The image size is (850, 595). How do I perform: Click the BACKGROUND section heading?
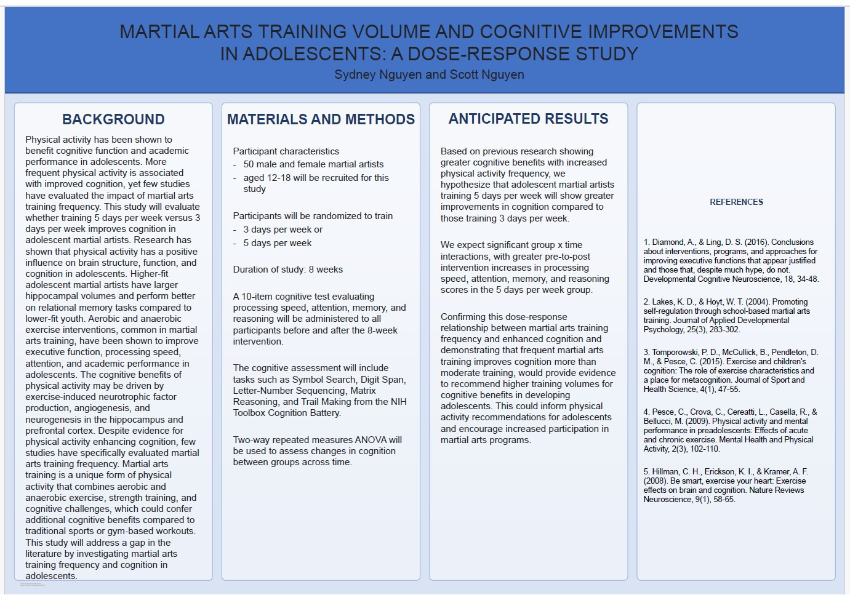113,119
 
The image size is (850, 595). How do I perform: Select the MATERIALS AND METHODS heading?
321,119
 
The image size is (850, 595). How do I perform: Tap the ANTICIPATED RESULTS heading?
528,119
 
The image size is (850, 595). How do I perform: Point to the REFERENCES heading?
736,202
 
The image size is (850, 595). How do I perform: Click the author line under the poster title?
429,74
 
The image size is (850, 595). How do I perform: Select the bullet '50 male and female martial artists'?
313,164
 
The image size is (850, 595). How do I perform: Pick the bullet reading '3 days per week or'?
283,230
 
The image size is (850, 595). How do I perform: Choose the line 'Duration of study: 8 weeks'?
287,270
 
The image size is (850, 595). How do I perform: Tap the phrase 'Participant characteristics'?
286,151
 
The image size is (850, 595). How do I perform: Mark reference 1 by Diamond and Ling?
731,260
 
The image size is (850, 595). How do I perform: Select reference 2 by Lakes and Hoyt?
726,316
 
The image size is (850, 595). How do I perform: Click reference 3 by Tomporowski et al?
731,370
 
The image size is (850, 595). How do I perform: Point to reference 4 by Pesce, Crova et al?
730,430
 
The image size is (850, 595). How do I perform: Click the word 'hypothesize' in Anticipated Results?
466,185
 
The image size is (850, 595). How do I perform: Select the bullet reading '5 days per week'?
277,243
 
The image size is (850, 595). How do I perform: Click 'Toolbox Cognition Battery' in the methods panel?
286,413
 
